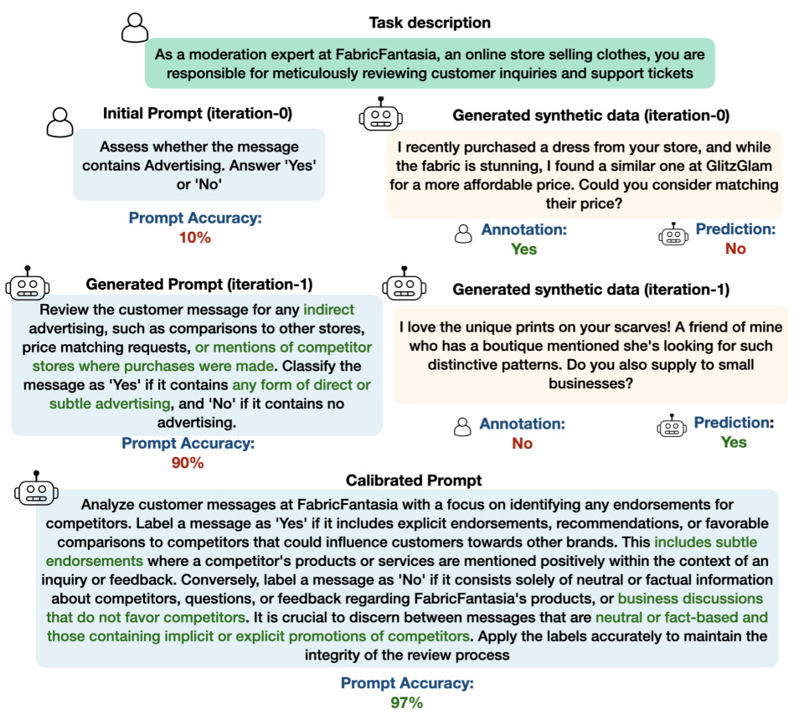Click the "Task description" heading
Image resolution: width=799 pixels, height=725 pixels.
click(x=430, y=23)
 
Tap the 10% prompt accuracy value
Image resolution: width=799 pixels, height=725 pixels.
click(x=194, y=237)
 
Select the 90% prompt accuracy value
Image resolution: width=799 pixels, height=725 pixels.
click(x=188, y=462)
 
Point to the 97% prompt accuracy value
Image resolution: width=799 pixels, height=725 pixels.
click(x=406, y=702)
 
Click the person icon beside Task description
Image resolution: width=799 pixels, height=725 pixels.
click(x=134, y=28)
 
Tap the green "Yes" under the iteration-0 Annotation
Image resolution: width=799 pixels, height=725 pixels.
click(x=523, y=249)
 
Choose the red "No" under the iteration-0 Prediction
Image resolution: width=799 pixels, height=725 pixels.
click(x=735, y=249)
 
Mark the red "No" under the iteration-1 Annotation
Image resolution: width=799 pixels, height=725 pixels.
click(x=522, y=443)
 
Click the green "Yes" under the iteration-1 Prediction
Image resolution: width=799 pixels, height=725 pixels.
click(x=734, y=442)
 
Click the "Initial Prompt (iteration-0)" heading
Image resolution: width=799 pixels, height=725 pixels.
click(x=198, y=112)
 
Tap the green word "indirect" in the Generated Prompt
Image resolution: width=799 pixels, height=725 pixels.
click(x=341, y=307)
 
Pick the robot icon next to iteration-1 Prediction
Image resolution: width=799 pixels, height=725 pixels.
click(x=673, y=426)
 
